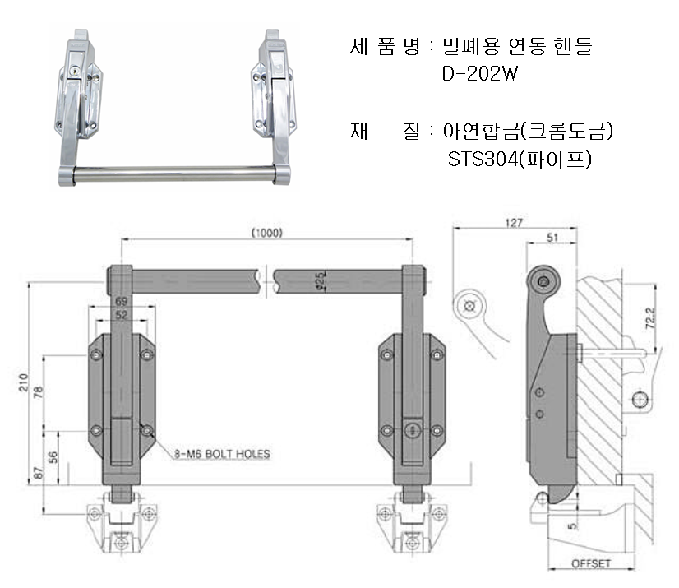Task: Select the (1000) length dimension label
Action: pyautogui.click(x=266, y=233)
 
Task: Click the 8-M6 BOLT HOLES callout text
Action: pyautogui.click(x=221, y=453)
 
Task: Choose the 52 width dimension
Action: pyautogui.click(x=121, y=314)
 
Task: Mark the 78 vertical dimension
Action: pyautogui.click(x=35, y=391)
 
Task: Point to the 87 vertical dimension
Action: pyautogui.click(x=35, y=473)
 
